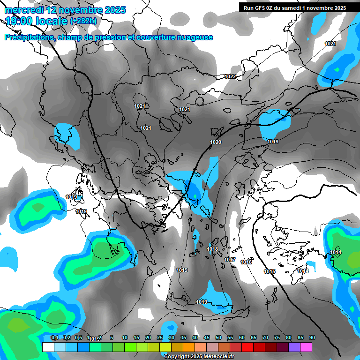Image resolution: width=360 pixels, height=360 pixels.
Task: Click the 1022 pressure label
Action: (230, 76)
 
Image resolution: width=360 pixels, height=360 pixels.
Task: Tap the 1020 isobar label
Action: (216, 142)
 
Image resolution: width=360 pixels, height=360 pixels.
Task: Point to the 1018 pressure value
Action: (212, 249)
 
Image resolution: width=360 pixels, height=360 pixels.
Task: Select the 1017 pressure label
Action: (230, 260)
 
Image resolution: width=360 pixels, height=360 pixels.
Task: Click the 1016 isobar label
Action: (246, 262)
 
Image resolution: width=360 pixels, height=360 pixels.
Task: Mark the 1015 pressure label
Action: (270, 271)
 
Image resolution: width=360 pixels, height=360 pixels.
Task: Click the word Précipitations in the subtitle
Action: (29, 37)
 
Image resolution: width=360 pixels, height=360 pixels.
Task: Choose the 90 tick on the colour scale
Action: (312, 338)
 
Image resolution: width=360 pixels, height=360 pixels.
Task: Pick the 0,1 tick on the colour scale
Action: (54, 338)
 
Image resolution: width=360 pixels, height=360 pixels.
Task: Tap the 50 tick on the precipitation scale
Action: (218, 338)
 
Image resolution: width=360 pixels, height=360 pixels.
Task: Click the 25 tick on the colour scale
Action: (160, 338)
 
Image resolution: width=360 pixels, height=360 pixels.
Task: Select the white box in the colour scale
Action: (48, 347)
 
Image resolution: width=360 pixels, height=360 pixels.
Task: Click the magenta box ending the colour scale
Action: (306, 347)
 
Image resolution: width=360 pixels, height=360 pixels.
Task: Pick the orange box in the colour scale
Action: (188, 347)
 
